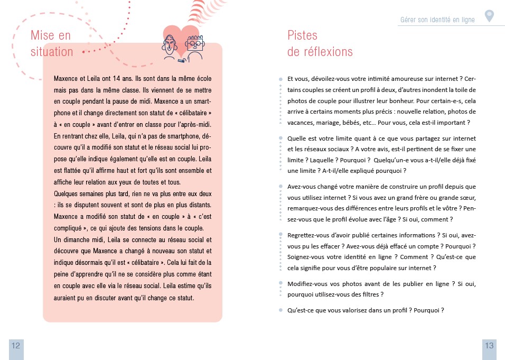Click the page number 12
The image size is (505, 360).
[16, 346]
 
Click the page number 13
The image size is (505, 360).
[489, 346]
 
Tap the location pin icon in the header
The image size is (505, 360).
[489, 16]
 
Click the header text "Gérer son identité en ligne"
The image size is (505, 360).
[437, 20]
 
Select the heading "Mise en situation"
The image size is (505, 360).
[51, 43]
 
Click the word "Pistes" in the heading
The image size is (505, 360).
[302, 35]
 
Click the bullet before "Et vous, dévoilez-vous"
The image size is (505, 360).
[280, 78]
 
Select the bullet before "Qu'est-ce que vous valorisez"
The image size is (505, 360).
[280, 310]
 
